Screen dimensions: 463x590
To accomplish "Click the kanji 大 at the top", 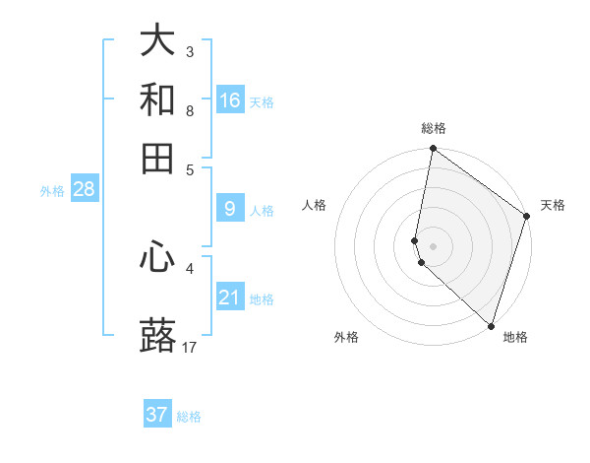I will click(x=157, y=40).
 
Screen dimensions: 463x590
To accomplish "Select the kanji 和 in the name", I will click(x=157, y=99).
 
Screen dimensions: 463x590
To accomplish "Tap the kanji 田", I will click(x=157, y=159).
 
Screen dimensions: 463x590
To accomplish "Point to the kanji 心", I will click(x=157, y=257).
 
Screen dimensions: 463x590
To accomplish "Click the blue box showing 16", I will click(x=230, y=100).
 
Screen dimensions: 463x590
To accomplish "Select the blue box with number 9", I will click(x=230, y=209).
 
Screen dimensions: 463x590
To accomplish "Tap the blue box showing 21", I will click(x=230, y=298).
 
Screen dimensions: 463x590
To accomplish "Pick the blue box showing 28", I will click(x=84, y=189).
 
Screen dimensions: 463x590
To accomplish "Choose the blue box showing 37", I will click(x=157, y=415).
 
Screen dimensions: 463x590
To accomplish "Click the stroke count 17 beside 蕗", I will click(x=190, y=348).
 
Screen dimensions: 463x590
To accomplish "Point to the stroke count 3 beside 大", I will click(x=190, y=51).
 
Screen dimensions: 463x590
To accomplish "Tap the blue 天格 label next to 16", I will click(x=262, y=102).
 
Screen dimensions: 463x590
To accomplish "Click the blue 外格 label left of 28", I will click(x=52, y=191).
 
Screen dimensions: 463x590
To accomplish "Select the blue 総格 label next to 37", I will click(x=189, y=417).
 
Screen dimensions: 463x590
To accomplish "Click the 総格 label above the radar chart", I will click(x=434, y=128).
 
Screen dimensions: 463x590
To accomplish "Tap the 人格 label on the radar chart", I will click(x=315, y=205).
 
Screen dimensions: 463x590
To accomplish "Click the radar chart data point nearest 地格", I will click(x=491, y=325).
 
